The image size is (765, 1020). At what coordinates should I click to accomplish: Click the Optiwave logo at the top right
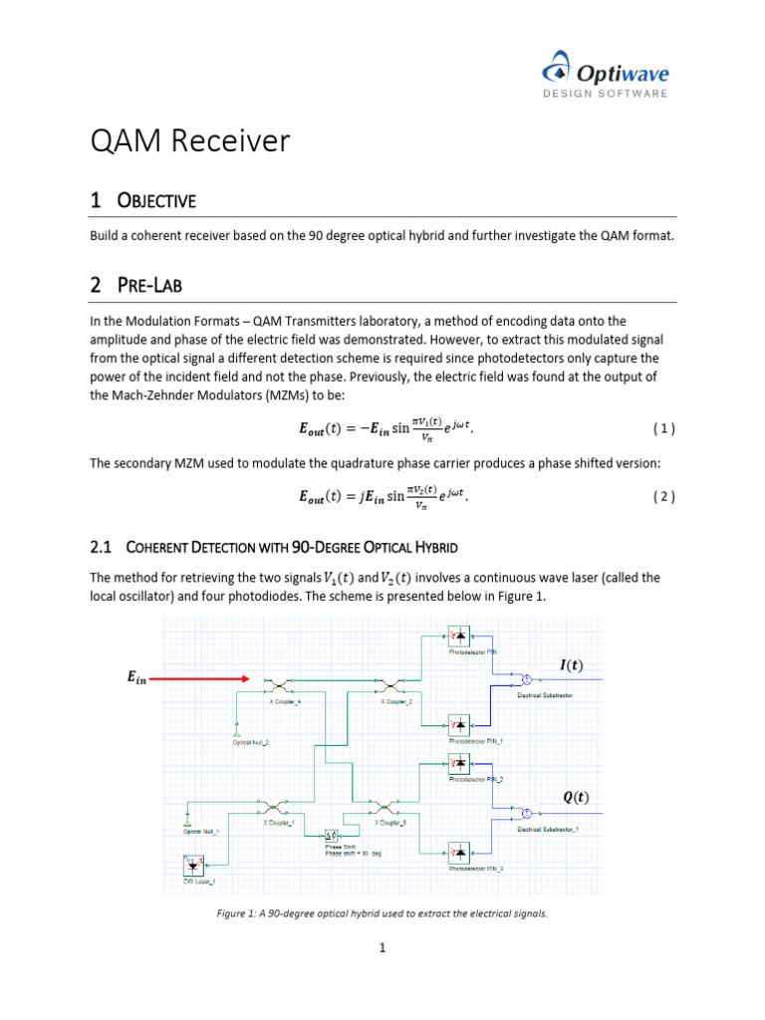605,76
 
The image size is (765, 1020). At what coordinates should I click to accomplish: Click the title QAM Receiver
189,141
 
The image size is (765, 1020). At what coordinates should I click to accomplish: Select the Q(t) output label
575,797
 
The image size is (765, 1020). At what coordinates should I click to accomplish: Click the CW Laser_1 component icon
192,866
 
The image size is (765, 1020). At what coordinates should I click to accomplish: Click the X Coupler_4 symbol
277,685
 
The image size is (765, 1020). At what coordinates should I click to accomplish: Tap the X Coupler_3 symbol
382,807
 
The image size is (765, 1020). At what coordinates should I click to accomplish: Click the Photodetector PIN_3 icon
460,853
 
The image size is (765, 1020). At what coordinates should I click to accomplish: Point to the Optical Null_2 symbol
235,735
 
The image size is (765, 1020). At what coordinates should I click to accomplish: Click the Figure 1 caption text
382,911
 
